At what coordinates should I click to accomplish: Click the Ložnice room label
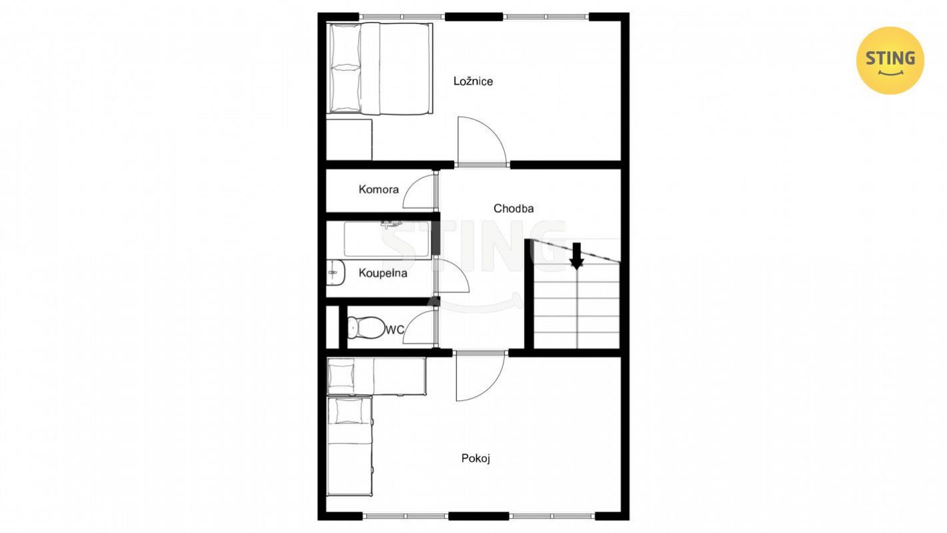click(x=473, y=81)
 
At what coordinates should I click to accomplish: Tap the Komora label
click(x=378, y=189)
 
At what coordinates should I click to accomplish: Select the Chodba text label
click(x=514, y=208)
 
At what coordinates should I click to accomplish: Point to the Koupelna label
click(x=383, y=273)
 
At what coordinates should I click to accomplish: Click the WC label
click(x=394, y=330)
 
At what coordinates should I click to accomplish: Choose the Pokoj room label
click(x=476, y=458)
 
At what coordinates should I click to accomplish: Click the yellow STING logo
click(x=890, y=61)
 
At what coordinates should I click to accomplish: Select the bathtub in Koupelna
click(x=387, y=239)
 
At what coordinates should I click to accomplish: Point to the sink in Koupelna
click(x=336, y=272)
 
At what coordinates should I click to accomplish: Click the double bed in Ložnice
click(x=380, y=69)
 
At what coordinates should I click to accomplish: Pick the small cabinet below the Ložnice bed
click(x=349, y=139)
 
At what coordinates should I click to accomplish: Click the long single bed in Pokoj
click(x=349, y=446)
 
